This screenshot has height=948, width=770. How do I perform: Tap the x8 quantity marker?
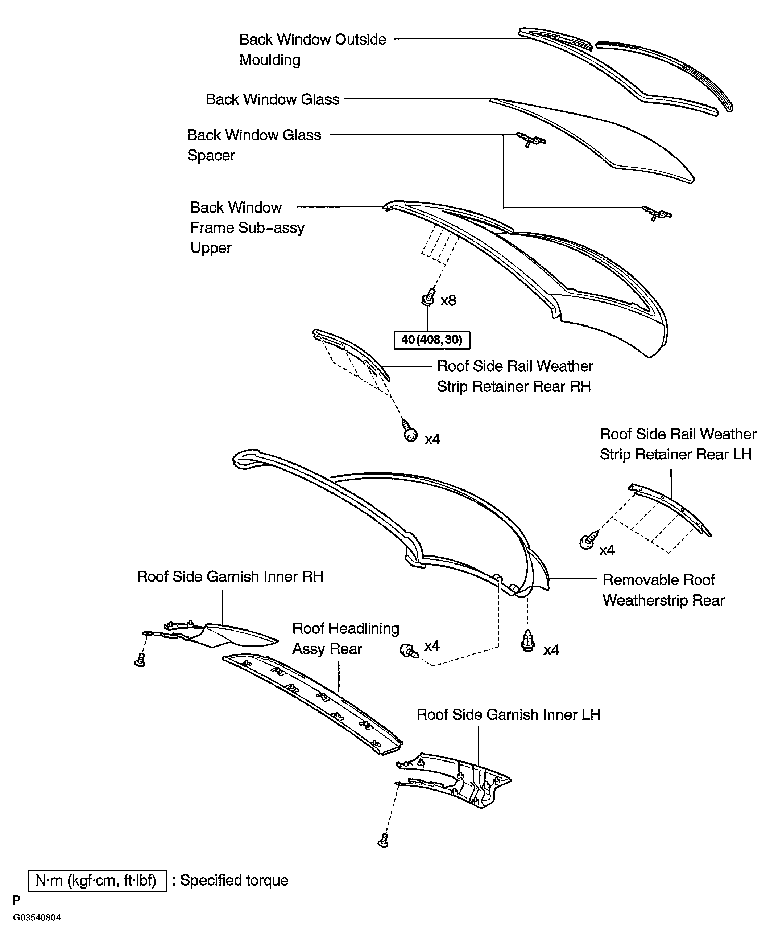pos(448,301)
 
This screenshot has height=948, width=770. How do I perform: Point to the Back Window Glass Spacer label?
pos(254,145)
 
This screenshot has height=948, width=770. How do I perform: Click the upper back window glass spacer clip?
pos(530,140)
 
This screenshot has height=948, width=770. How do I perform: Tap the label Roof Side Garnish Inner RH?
pos(230,576)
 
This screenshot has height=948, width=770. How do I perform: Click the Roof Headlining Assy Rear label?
pos(345,639)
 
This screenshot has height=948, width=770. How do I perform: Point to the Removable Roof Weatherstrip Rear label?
pos(663,590)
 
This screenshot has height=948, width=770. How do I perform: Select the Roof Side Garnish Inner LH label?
pos(508,715)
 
